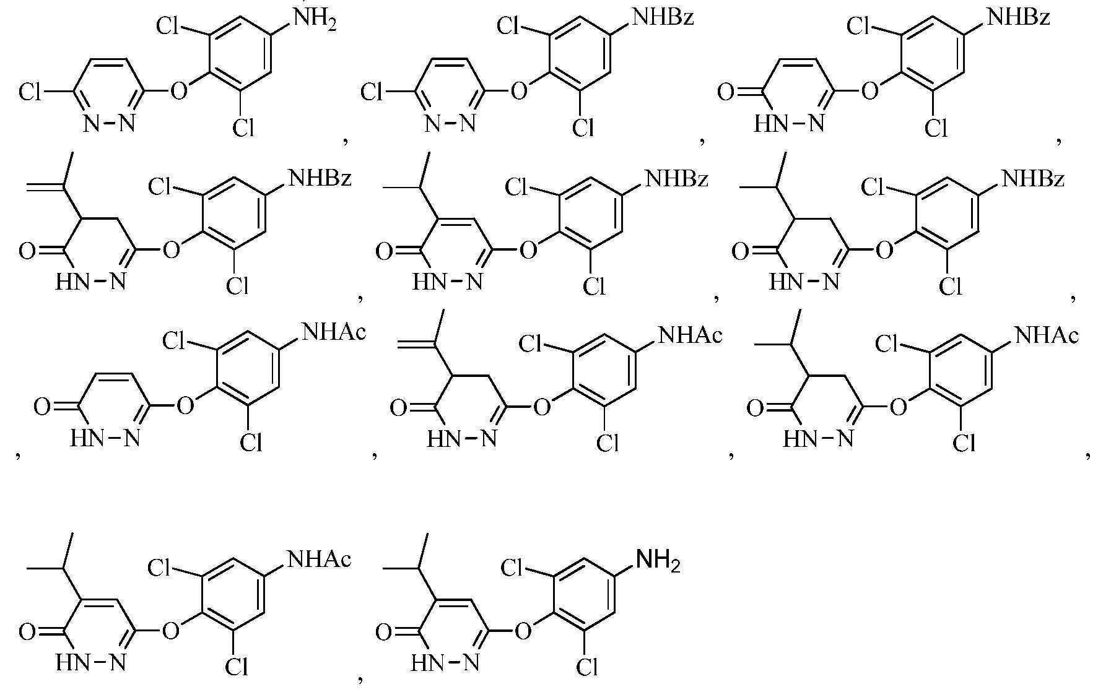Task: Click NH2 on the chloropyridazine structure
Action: coord(314,17)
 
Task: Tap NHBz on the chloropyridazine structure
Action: coord(662,17)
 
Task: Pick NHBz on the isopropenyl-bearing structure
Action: coord(320,179)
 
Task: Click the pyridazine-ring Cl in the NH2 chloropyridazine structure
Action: coord(29,93)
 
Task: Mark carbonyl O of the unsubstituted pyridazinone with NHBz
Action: coord(726,93)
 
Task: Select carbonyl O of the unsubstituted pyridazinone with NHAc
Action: coord(42,407)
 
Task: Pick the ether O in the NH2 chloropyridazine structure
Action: coord(178,92)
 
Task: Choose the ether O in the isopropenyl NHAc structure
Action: coord(542,407)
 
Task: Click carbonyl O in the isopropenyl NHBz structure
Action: coord(27,252)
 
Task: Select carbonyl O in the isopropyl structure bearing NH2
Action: coord(385,633)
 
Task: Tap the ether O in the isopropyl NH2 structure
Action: coord(524,631)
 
